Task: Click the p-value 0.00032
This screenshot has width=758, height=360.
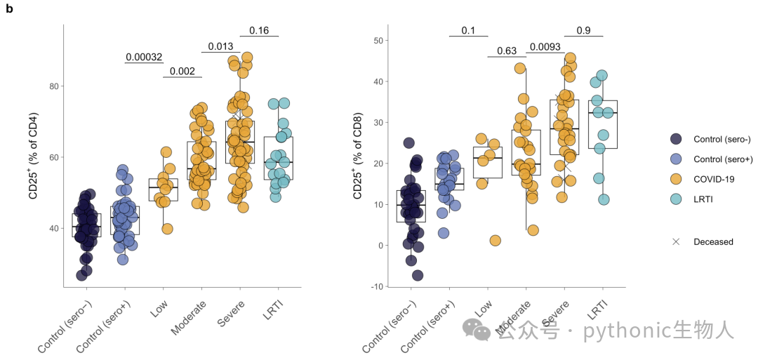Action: (x=144, y=57)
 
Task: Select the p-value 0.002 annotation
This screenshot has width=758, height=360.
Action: (x=182, y=72)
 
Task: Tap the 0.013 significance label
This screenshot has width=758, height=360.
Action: (x=220, y=46)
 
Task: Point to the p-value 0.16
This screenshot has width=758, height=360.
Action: (x=259, y=30)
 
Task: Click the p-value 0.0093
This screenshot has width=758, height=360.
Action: (x=545, y=46)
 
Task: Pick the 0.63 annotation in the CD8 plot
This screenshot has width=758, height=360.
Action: (x=507, y=51)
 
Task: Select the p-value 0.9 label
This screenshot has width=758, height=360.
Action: (x=583, y=30)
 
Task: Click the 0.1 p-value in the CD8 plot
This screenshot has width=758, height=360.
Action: (x=468, y=30)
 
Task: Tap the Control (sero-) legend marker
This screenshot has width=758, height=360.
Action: (x=676, y=139)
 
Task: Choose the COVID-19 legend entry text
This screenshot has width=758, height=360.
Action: (x=714, y=179)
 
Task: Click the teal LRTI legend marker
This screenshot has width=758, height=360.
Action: (x=676, y=199)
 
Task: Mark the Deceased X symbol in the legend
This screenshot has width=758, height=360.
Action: (x=676, y=241)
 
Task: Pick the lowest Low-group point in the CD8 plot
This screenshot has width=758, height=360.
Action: (x=495, y=241)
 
